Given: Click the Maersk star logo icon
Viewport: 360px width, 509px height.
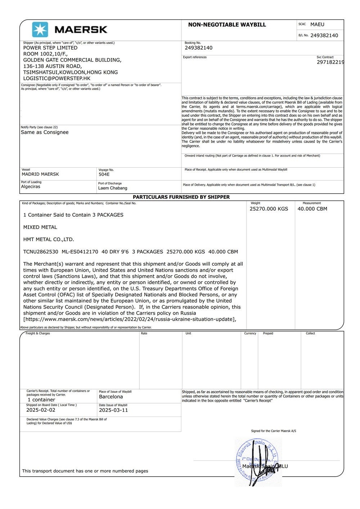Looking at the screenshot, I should pyautogui.click(x=40, y=30).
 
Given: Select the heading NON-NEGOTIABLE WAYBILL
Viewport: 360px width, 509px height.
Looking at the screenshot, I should pyautogui.click(x=227, y=25).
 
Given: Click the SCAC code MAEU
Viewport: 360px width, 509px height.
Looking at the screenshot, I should pyautogui.click(x=317, y=24).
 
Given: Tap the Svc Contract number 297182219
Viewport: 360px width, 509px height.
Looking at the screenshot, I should pyautogui.click(x=330, y=62).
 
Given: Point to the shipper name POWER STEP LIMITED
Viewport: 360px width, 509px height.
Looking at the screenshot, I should pyautogui.click(x=50, y=48).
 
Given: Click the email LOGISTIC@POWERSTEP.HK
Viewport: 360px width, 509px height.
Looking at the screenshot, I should pyautogui.click(x=57, y=78).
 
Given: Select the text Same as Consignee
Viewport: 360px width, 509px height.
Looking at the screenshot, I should pyautogui.click(x=45, y=132).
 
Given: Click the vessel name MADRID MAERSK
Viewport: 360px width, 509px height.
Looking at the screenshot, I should pyautogui.click(x=40, y=174).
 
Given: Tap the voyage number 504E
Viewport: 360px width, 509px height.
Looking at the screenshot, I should pyautogui.click(x=104, y=174).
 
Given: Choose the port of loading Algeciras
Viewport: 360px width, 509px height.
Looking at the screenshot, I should pyautogui.click(x=31, y=187).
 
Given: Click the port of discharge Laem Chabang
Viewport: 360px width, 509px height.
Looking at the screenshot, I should pyautogui.click(x=113, y=188).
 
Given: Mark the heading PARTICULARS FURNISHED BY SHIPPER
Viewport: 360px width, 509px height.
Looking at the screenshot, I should pyautogui.click(x=181, y=197).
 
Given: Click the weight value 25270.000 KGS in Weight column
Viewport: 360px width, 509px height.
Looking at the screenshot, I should pyautogui.click(x=269, y=209).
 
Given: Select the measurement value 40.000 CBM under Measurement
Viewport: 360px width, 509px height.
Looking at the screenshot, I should pyautogui.click(x=312, y=209).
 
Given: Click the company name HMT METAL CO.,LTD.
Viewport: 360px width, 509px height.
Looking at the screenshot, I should pyautogui.click(x=49, y=239).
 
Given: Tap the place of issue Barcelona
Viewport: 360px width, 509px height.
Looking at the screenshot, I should pyautogui.click(x=111, y=397).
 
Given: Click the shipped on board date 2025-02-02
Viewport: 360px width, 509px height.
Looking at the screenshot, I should pyautogui.click(x=41, y=410).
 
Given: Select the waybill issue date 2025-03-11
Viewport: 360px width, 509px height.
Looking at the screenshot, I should pyautogui.click(x=113, y=410).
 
